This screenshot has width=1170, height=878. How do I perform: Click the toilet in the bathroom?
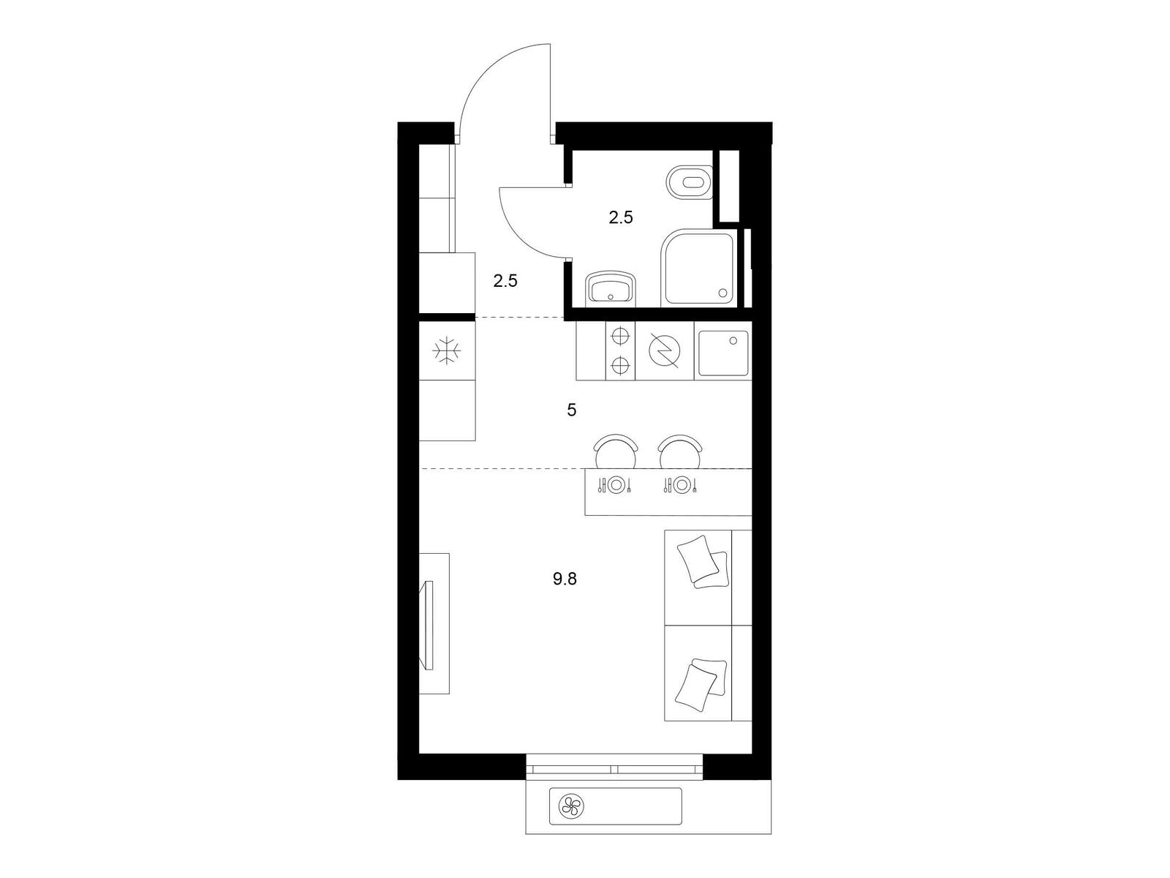(x=690, y=182)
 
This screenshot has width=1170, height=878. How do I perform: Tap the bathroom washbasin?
(x=611, y=290)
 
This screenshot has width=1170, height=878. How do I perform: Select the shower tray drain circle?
(x=723, y=292)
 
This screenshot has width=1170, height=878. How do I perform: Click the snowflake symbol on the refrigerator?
(x=447, y=350)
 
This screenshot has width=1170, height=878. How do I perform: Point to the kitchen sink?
(x=723, y=353)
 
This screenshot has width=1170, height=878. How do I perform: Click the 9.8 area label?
(x=565, y=579)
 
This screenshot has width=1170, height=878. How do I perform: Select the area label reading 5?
(x=571, y=410)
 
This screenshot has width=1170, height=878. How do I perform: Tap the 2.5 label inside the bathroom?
(x=621, y=217)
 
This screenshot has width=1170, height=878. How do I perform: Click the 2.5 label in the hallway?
(x=505, y=280)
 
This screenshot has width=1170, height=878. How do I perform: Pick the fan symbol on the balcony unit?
(x=571, y=806)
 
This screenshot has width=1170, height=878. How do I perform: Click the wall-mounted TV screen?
(x=428, y=624)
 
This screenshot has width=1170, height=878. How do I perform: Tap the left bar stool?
(x=616, y=451)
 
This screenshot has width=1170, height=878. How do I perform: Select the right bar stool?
(x=679, y=451)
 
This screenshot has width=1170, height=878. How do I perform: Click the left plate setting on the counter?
(x=616, y=484)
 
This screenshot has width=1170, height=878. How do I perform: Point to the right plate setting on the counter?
(x=681, y=484)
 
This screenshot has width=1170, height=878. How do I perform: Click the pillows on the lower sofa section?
(x=701, y=685)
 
